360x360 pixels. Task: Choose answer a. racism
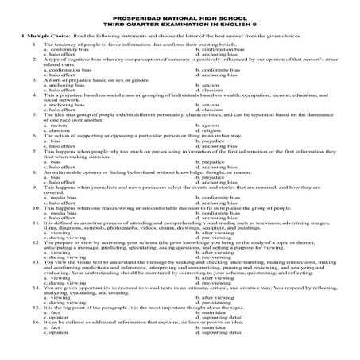(56, 125)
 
